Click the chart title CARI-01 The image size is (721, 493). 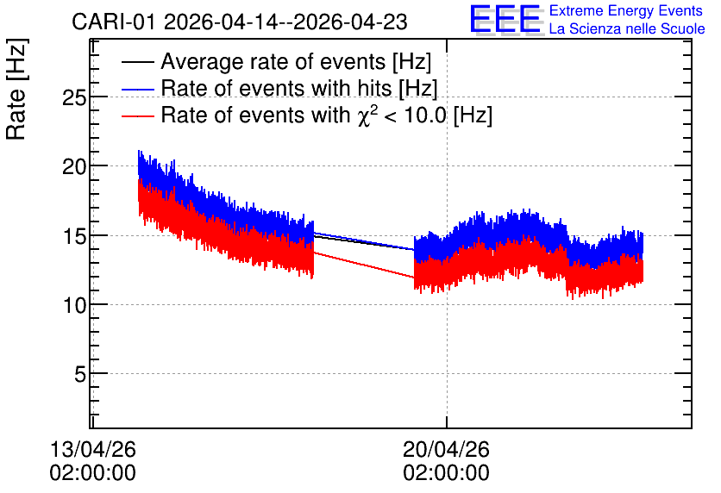click(114, 22)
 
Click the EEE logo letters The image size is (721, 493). click(505, 19)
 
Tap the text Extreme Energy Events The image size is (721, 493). click(626, 10)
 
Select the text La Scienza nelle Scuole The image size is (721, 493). click(627, 28)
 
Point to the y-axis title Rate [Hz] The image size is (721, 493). click(16, 89)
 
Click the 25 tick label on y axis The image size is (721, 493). click(74, 97)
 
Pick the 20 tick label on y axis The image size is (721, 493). click(74, 166)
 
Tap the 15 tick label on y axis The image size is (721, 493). click(74, 235)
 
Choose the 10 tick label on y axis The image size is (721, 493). click(74, 305)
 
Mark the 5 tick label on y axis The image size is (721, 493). click(80, 374)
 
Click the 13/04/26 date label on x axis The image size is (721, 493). click(93, 449)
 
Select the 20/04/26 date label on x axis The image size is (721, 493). click(447, 449)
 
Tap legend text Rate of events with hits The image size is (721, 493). click(299, 88)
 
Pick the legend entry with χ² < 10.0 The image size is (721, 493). click(327, 115)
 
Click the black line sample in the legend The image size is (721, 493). click(137, 62)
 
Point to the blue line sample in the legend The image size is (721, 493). click(137, 89)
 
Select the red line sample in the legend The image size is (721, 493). click(137, 115)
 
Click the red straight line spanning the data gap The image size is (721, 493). click(364, 265)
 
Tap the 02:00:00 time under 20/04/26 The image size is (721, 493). click(447, 473)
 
